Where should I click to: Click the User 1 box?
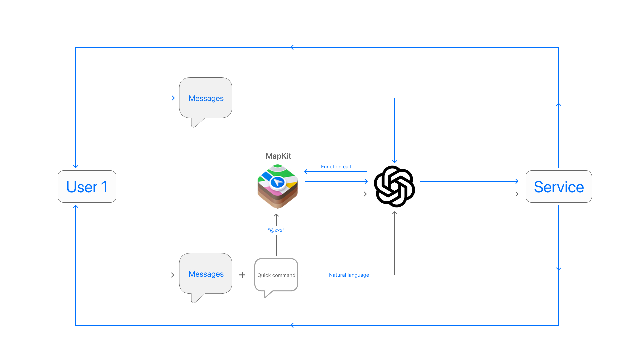click(x=87, y=187)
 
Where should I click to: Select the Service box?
click(x=559, y=187)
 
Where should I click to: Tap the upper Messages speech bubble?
click(x=206, y=100)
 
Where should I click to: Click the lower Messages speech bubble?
click(x=206, y=276)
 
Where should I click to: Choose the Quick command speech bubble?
click(x=276, y=276)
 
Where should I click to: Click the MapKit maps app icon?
click(x=278, y=186)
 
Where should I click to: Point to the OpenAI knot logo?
click(x=394, y=186)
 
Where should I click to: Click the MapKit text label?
click(x=278, y=156)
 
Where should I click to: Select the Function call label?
click(x=336, y=167)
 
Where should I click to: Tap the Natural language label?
click(x=349, y=275)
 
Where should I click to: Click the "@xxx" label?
click(x=276, y=230)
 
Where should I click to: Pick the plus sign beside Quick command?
click(x=242, y=275)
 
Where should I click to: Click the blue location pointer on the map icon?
click(x=277, y=182)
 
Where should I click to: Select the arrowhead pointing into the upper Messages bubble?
click(x=173, y=98)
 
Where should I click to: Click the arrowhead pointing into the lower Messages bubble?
click(x=173, y=275)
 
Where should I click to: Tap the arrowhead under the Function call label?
click(x=306, y=172)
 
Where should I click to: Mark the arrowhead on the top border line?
click(x=292, y=47)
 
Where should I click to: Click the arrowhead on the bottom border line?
click(x=292, y=325)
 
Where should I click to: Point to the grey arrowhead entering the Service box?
click(x=517, y=194)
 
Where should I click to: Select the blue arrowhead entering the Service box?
click(x=517, y=181)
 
